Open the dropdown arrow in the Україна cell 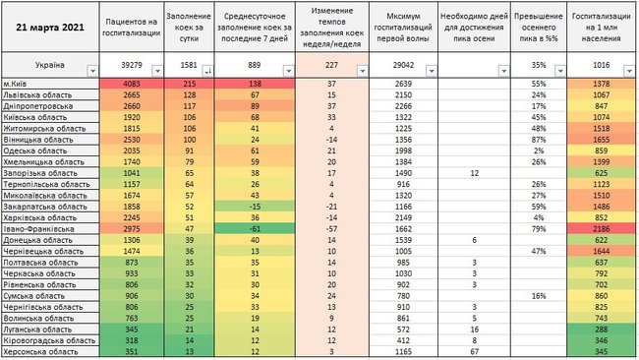click(91, 70)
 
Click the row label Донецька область click(37, 239)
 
